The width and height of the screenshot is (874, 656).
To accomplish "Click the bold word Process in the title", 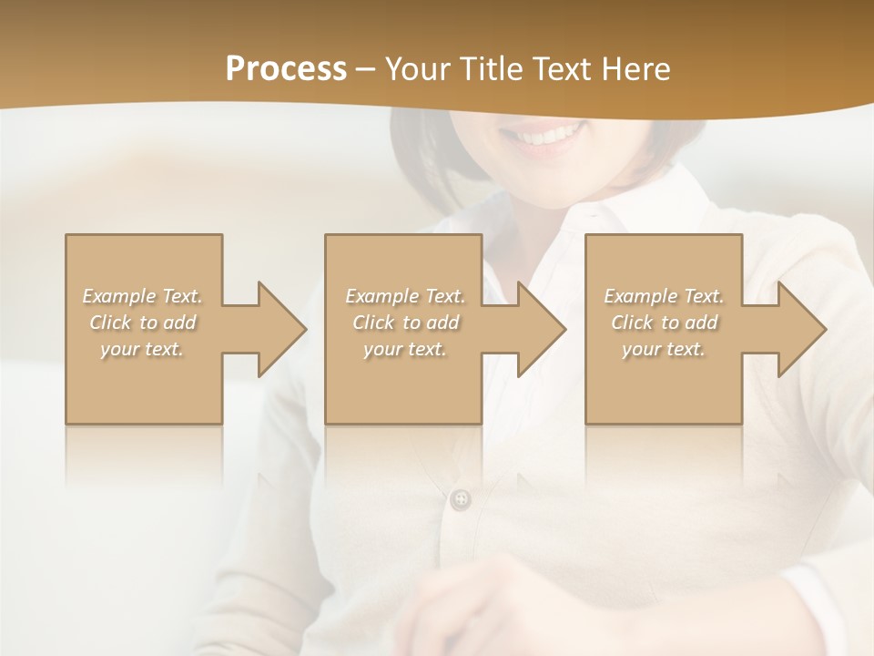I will point(286,69).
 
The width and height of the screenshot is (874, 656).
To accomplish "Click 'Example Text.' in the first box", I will point(143,296).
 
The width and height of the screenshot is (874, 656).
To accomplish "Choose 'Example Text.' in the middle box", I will point(405,296).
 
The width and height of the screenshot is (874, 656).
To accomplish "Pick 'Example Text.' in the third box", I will point(664,296).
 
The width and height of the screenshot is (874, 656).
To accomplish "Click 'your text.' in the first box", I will point(143,349).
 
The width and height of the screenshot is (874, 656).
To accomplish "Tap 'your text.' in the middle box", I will point(405,349).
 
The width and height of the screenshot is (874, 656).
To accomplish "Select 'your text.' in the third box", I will point(664,349).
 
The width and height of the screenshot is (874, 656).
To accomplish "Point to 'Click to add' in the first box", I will point(143,323).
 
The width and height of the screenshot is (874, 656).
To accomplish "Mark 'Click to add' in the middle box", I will point(405,323).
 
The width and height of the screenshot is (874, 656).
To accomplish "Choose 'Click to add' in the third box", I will point(664,323).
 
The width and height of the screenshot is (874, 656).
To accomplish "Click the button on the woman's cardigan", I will point(462,498).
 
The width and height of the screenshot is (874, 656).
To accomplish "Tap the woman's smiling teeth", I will point(545,138).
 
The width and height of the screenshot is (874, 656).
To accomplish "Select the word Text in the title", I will point(567,69).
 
